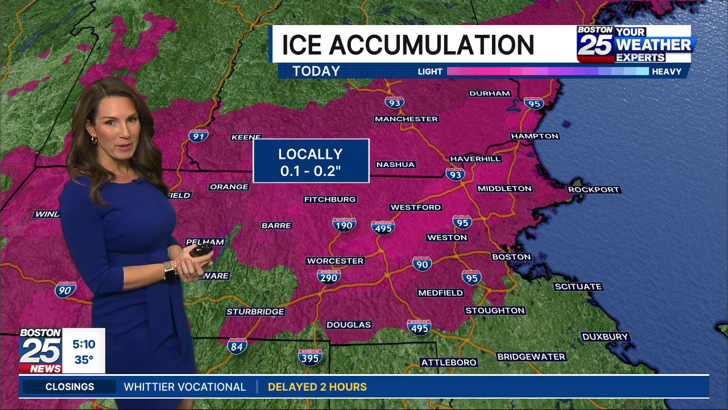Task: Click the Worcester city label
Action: [x=335, y=261]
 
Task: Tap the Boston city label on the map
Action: [x=511, y=257]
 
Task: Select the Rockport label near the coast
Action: [x=594, y=190]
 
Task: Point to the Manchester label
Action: [x=406, y=119]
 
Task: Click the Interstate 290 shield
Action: [x=329, y=277]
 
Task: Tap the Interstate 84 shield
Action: [x=237, y=346]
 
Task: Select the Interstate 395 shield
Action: [x=310, y=356]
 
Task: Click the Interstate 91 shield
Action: [x=198, y=136]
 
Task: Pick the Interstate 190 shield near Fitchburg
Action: [x=344, y=224]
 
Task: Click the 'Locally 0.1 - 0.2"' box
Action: [x=311, y=161]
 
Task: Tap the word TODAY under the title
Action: [x=316, y=71]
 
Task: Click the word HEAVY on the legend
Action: [x=667, y=72]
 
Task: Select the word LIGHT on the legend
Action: [x=430, y=72]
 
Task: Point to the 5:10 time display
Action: [x=84, y=345]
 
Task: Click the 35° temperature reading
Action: [x=84, y=360]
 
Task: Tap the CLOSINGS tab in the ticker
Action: [x=69, y=387]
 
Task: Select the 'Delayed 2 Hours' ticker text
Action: [x=317, y=387]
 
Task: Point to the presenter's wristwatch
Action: [x=169, y=270]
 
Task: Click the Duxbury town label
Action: [x=605, y=337]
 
